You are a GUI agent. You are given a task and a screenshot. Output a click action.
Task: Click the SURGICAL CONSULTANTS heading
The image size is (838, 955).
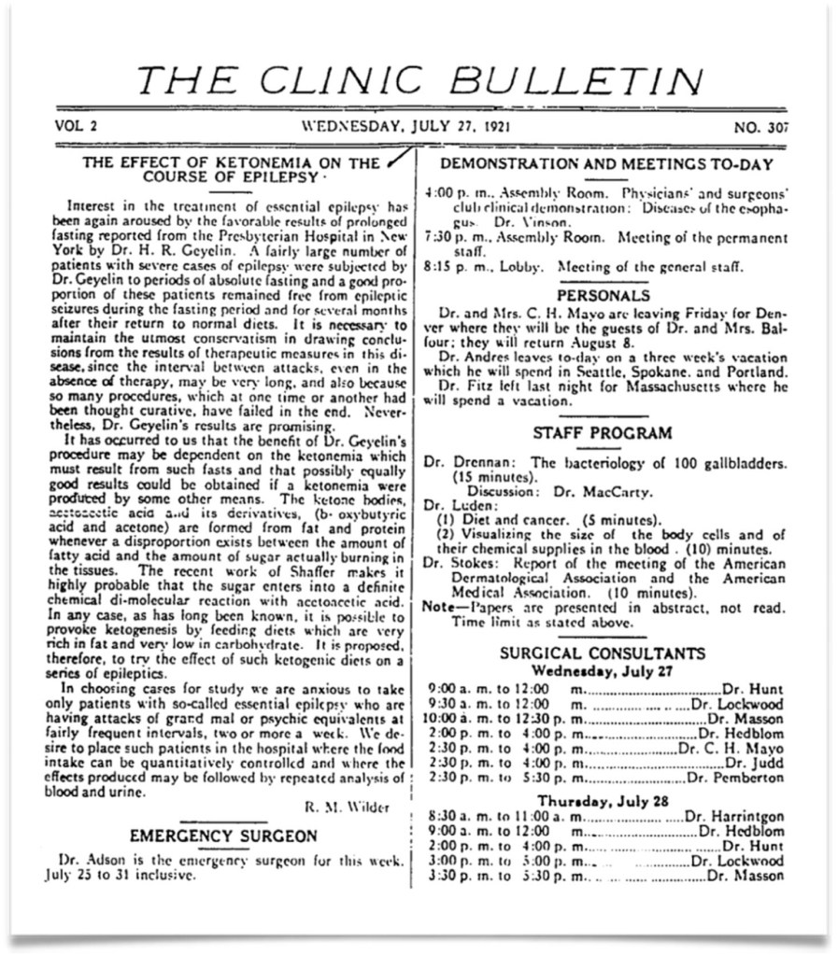pos(603,653)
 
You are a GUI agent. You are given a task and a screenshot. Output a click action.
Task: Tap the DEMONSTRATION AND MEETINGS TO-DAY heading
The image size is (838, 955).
pos(606,164)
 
